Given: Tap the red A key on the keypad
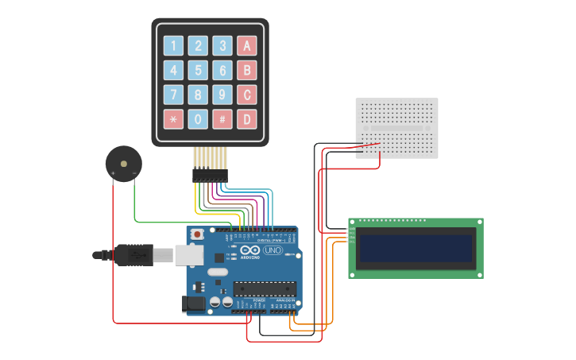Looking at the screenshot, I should (x=247, y=46).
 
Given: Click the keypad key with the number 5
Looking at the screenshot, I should (x=199, y=71).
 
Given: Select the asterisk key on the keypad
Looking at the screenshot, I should (x=173, y=119).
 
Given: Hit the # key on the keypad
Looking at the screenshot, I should (x=223, y=119).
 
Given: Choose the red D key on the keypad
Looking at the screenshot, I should (x=247, y=119).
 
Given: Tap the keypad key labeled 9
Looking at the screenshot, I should (x=223, y=95).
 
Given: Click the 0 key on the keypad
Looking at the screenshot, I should (x=199, y=119).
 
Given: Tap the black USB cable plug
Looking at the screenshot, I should (x=132, y=255).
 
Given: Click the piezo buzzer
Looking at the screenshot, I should (x=123, y=164).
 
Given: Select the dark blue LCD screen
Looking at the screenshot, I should (x=416, y=249).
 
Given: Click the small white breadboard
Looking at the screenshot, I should (x=396, y=127).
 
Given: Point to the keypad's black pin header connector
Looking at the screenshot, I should (x=210, y=175).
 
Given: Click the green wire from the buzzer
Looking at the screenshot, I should (x=159, y=220).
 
